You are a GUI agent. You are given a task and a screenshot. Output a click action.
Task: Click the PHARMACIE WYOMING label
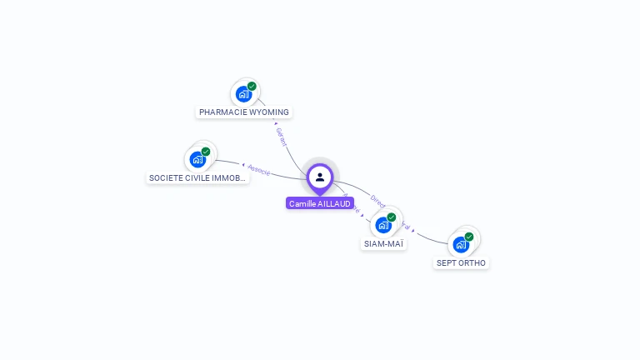243,112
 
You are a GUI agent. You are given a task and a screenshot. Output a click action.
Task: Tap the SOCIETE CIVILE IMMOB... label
197,177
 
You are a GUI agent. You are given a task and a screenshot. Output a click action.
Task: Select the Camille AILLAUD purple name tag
320,203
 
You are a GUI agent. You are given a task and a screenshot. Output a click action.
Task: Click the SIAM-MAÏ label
383,244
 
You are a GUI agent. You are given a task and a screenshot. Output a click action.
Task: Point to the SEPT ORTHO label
461,262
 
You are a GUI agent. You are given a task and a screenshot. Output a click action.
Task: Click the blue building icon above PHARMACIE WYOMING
243,93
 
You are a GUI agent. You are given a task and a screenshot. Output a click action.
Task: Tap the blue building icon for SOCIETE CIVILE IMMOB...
197,159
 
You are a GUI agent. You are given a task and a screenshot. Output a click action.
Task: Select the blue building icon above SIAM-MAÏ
383,225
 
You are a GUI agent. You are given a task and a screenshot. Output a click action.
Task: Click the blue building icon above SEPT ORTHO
461,244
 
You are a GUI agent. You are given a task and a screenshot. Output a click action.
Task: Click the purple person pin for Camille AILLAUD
320,177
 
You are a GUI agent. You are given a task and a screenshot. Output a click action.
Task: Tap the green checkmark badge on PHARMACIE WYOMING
252,86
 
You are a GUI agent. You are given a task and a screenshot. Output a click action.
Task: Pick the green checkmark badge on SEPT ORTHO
469,237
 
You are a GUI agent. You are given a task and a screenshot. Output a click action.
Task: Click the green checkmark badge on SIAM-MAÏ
392,217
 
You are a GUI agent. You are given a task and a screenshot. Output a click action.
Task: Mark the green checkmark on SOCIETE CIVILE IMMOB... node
206,152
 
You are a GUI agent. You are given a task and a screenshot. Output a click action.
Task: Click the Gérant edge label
282,136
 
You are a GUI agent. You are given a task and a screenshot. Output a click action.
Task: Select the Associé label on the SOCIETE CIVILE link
259,168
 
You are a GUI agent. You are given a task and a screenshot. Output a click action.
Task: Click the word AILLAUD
334,203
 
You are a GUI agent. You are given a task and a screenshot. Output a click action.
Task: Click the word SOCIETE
165,177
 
